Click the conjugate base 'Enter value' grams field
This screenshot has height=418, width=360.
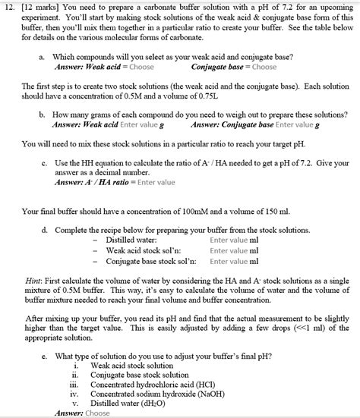(294, 124)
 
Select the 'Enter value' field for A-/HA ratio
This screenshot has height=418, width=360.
(156, 182)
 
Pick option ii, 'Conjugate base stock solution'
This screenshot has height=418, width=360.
(140, 375)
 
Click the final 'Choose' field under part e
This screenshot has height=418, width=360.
(98, 413)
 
